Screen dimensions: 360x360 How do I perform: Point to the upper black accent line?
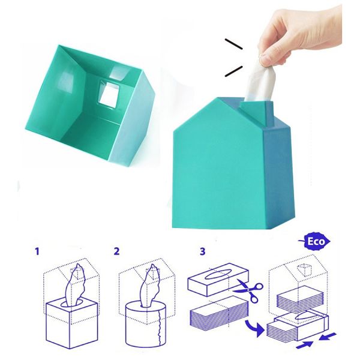pyautogui.click(x=235, y=44)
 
